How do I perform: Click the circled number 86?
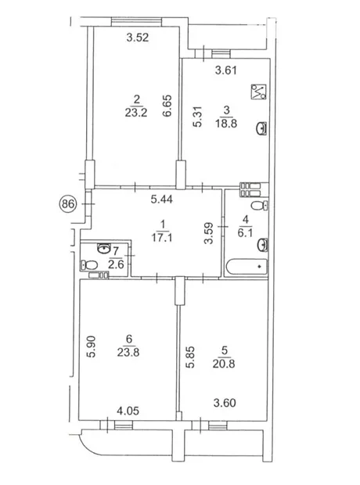[x=68, y=204]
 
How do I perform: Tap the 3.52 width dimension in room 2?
[x=138, y=38]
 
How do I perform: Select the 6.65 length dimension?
[x=167, y=106]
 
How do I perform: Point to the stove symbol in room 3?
[x=258, y=92]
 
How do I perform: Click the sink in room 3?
[x=262, y=128]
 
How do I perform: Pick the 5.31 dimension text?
[x=197, y=117]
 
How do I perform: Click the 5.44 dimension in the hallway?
[x=162, y=199]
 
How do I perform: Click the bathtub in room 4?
[x=247, y=266]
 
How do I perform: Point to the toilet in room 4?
[x=259, y=206]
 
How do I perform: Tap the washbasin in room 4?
[x=262, y=245]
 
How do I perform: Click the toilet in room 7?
[x=89, y=264]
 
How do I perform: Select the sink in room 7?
[x=104, y=248]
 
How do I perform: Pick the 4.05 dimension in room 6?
[x=128, y=411]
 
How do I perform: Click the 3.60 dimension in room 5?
[x=225, y=403]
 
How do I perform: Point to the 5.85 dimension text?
[x=190, y=357]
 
